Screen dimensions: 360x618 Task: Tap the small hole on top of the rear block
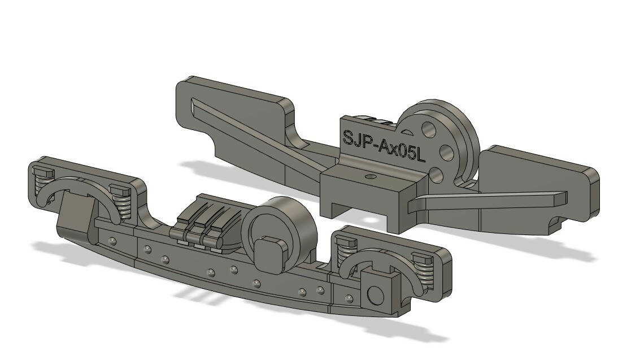click(370, 176)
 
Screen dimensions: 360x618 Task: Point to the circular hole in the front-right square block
click(375, 294)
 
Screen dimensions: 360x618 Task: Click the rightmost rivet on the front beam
click(350, 298)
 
